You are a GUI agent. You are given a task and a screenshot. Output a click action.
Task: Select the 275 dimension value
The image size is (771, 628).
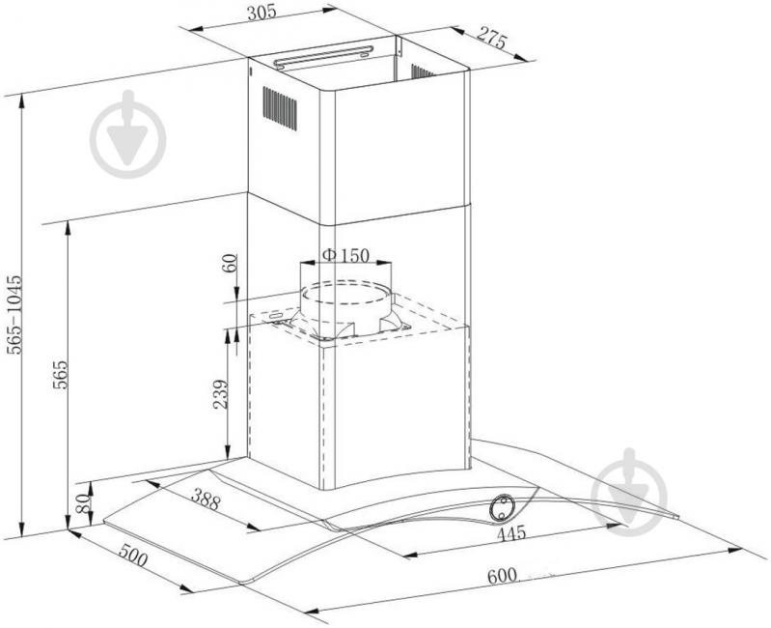492,39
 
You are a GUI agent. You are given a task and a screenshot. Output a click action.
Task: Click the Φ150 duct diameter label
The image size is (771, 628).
344,255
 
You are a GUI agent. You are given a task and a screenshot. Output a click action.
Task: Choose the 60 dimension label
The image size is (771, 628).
230,264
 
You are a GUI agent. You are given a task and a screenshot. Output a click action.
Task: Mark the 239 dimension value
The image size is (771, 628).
220,395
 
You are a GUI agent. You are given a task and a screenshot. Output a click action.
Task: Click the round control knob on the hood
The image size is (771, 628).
504,506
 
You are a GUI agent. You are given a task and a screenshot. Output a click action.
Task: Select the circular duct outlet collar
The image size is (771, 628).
346,301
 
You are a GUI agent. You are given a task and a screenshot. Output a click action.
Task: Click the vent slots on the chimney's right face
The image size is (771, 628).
422,71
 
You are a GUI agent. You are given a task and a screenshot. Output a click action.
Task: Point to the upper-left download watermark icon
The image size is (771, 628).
127,135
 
